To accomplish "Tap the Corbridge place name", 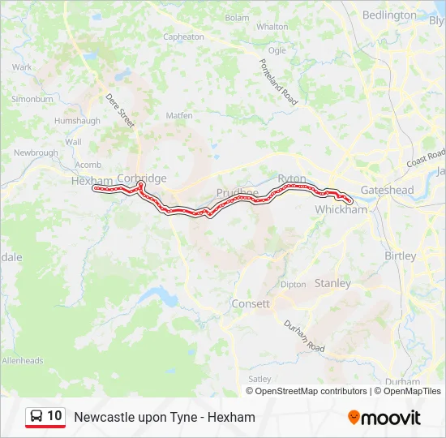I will (142, 178).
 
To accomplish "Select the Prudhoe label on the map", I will (237, 193).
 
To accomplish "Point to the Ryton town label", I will (292, 178).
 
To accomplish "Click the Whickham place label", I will (341, 209).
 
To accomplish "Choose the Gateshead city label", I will (387, 190).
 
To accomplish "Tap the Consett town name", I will (251, 303).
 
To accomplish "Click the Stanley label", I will (332, 283).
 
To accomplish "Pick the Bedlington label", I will (389, 15).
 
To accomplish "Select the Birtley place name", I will (400, 255).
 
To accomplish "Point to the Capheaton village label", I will (183, 36).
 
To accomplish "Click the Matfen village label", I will (179, 116).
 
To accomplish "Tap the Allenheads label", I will (22, 360).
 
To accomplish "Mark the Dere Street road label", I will (120, 109).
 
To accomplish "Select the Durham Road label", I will (304, 336).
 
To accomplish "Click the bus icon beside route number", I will (36, 417).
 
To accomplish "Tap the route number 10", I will (54, 416).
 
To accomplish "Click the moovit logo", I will (384, 418).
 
